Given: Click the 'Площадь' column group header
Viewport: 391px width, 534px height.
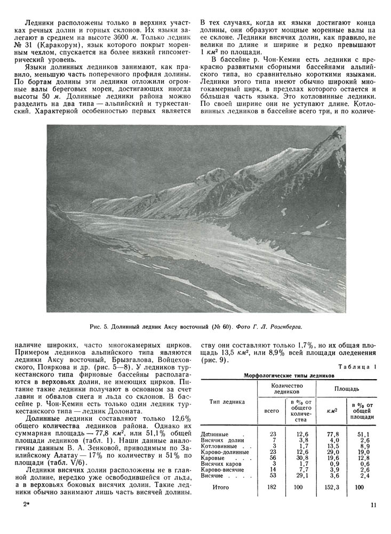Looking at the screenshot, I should [x=347, y=389].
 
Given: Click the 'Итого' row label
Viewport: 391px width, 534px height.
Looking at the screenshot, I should [x=221, y=487].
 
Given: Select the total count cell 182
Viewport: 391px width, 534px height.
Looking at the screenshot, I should [x=272, y=487].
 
